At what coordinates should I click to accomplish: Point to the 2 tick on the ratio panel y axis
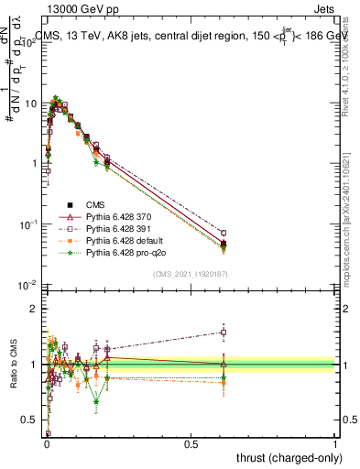click(35, 309)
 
